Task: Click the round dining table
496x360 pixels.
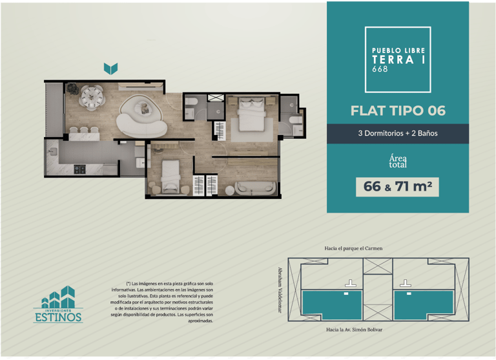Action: point(92,97)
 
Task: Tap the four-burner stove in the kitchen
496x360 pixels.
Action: point(79,169)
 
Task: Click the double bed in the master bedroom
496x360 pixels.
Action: point(251,114)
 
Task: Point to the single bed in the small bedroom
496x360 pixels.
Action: point(170,176)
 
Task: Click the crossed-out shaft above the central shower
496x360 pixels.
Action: point(216,98)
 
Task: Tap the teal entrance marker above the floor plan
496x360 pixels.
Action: point(110,69)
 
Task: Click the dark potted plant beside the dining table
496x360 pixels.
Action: point(73,89)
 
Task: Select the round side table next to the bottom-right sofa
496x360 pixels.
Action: point(230,190)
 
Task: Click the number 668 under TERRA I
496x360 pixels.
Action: point(380,69)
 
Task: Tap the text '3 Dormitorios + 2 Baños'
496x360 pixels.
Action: point(398,133)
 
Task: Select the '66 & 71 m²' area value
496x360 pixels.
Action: point(397,187)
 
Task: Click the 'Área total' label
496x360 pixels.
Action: point(398,161)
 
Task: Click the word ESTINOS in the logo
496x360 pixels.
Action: point(58,317)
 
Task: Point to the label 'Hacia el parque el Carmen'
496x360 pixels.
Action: point(353,249)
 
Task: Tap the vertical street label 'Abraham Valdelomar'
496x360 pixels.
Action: point(280,290)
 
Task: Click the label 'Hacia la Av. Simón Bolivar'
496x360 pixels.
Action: point(355,330)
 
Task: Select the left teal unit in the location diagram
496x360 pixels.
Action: point(332,305)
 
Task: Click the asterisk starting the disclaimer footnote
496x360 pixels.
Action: point(129,283)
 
